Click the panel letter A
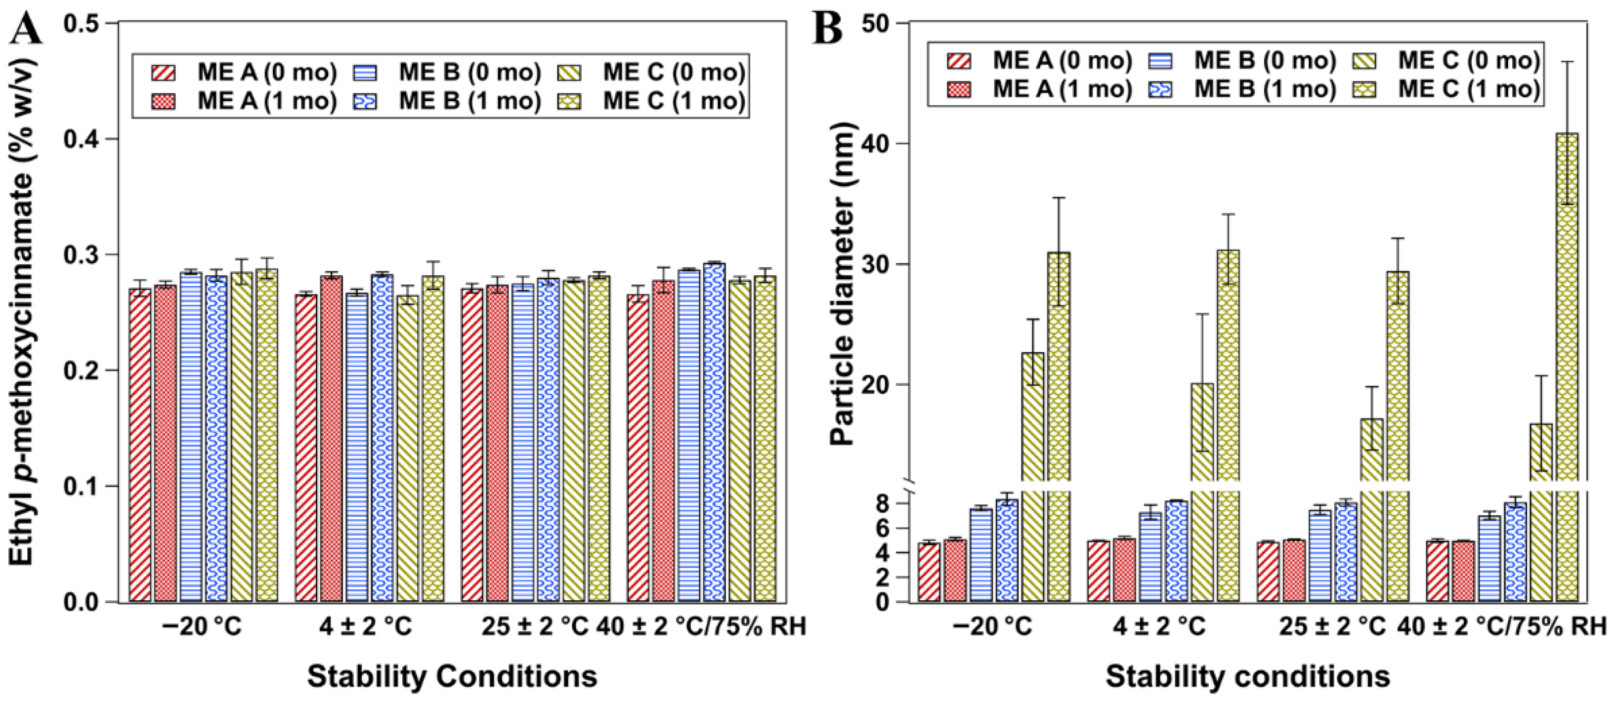(x=26, y=28)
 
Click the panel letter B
(x=827, y=28)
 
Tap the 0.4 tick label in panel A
(x=84, y=139)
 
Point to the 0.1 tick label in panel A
(x=84, y=487)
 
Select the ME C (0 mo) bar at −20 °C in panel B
(x=1032, y=477)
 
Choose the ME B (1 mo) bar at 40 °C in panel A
(x=714, y=433)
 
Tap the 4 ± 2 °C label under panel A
(x=366, y=627)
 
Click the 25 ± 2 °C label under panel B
(x=1332, y=627)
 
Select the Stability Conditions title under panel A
(x=452, y=677)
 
